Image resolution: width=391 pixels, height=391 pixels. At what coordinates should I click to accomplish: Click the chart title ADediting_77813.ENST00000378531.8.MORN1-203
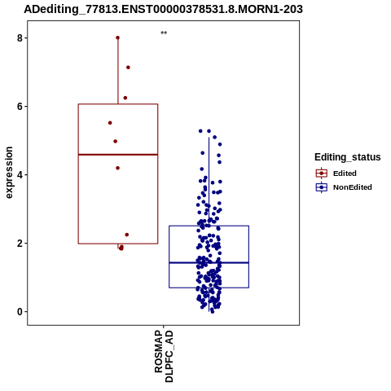tap(163, 9)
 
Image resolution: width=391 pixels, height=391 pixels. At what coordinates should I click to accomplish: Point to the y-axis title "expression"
tap(9, 173)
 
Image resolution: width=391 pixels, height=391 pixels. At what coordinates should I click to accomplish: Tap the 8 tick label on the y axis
tap(20, 38)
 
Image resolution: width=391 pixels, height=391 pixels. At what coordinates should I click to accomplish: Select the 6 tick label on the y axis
tap(20, 107)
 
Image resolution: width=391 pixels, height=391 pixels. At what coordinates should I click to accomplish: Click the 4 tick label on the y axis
tap(20, 175)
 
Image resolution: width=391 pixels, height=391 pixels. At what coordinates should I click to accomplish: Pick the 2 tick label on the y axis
tap(20, 244)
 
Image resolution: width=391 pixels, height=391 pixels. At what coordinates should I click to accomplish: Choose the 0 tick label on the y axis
tap(20, 312)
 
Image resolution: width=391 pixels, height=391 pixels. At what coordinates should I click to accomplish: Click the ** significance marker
tap(164, 33)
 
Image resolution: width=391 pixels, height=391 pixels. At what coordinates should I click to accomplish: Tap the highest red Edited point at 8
tap(117, 37)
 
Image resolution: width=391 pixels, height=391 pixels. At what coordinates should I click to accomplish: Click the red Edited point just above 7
tap(128, 68)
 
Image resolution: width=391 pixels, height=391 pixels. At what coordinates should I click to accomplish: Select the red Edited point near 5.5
tap(110, 123)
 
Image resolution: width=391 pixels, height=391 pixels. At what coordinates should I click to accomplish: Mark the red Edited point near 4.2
tap(117, 168)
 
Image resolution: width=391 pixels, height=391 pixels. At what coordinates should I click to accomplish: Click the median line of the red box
tap(118, 155)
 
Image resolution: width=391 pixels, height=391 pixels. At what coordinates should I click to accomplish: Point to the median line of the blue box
tap(209, 262)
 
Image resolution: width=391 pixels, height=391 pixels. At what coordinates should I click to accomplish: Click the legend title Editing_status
tap(348, 157)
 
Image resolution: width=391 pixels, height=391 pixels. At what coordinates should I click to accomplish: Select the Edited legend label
tap(345, 174)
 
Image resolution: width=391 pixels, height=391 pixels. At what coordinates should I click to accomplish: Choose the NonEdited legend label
tap(353, 187)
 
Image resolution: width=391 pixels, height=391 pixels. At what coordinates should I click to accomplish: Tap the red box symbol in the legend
tap(322, 174)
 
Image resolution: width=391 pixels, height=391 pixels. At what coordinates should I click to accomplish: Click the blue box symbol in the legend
tap(322, 187)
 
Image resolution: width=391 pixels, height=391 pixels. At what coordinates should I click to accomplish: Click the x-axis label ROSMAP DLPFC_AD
tap(164, 356)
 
